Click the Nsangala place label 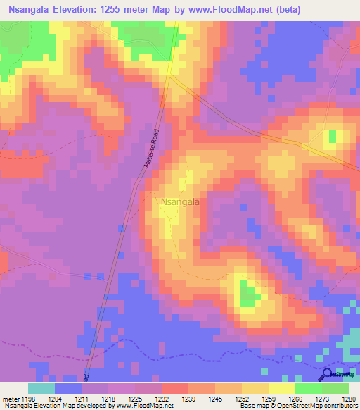pyautogui.click(x=180, y=202)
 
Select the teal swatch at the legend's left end pyautogui.click(x=41, y=388)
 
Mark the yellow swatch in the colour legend pyautogui.click(x=281, y=388)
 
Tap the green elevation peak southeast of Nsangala pyautogui.click(x=247, y=293)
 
